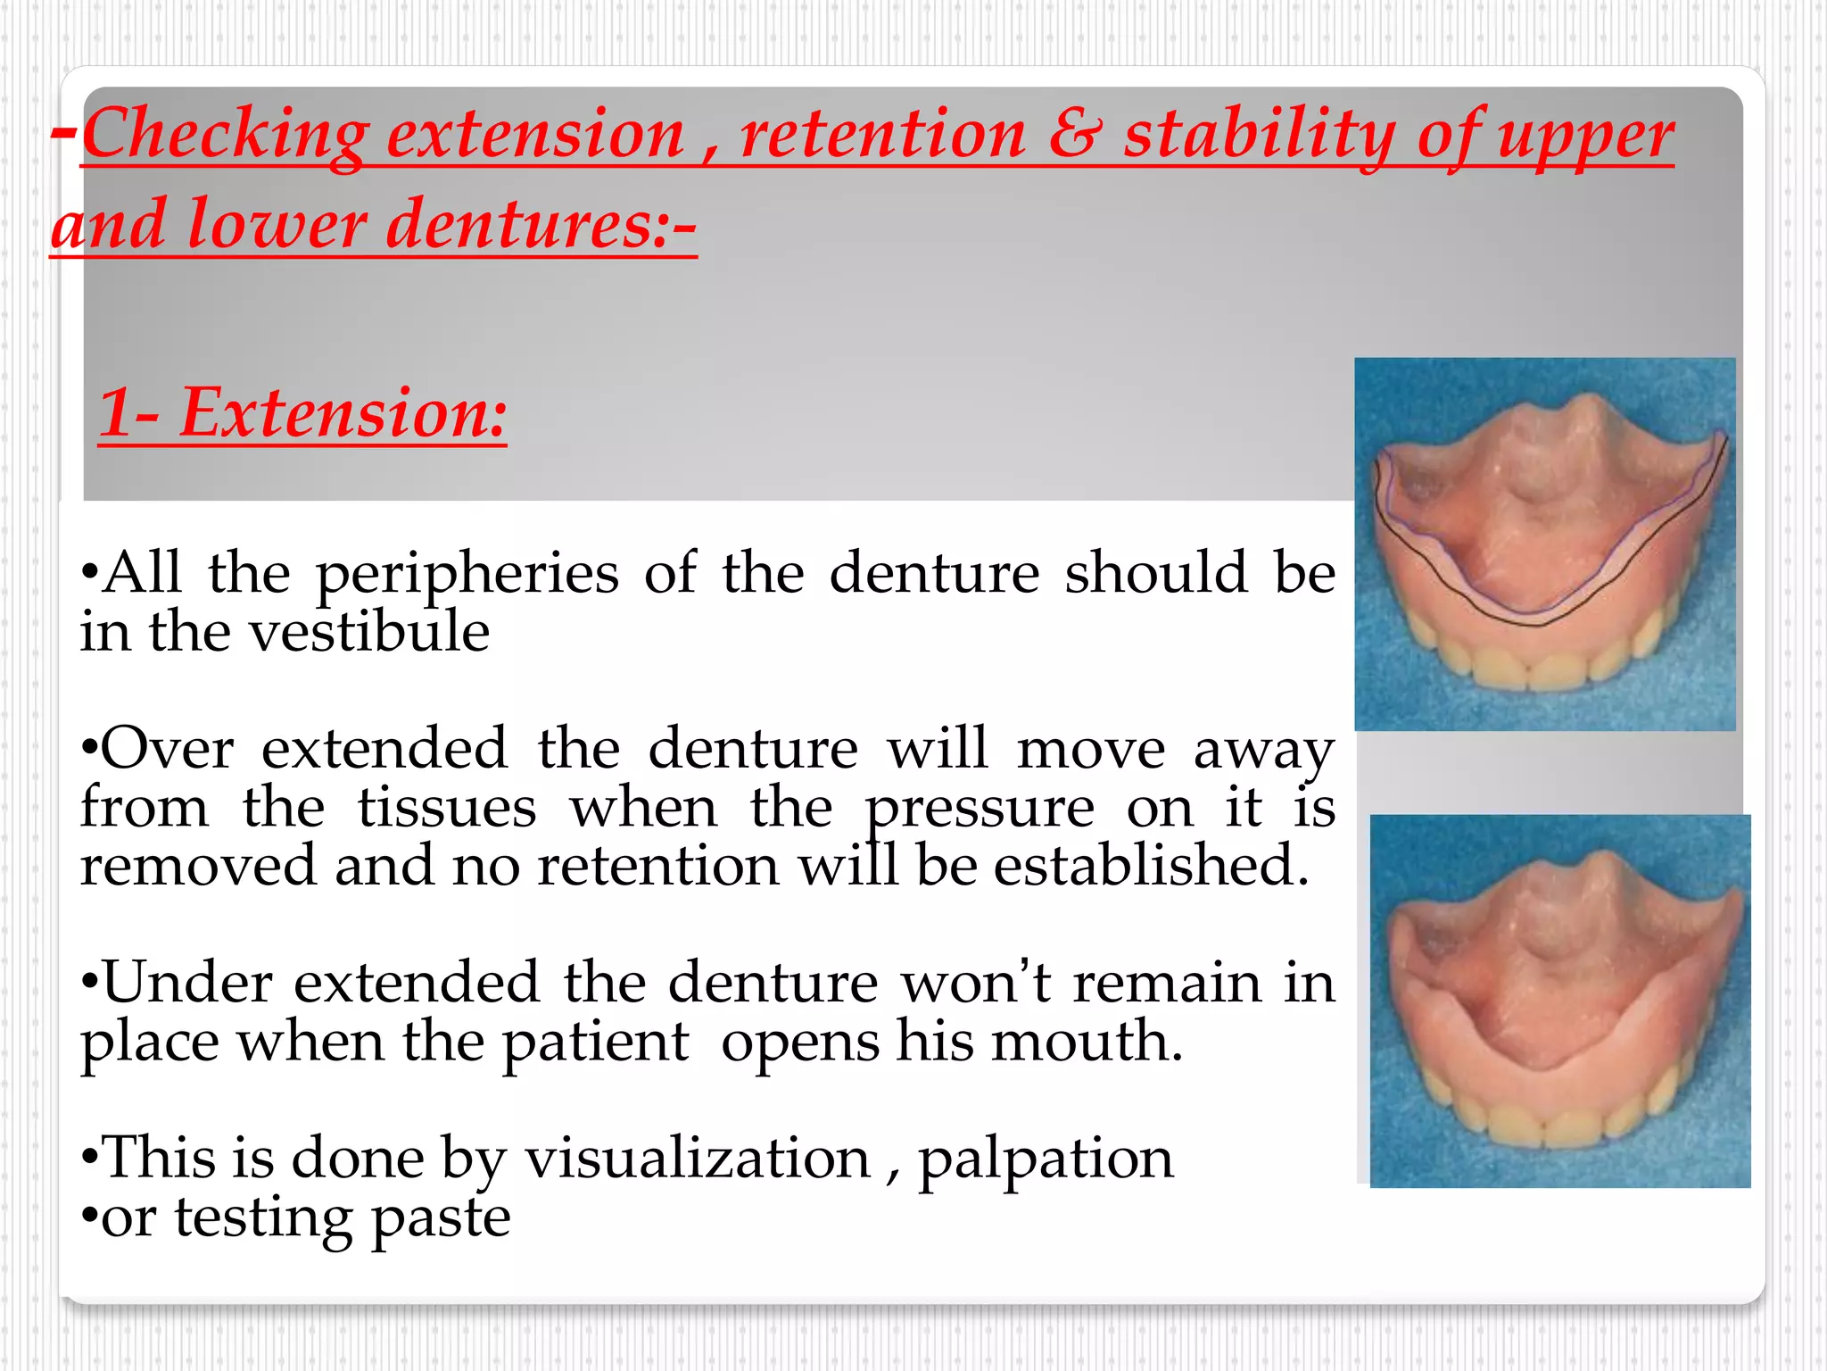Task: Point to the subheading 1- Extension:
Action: click(302, 413)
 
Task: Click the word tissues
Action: click(447, 808)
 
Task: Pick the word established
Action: click(1151, 866)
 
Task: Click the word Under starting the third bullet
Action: click(186, 983)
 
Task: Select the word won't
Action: click(976, 983)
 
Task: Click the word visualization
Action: click(697, 1159)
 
